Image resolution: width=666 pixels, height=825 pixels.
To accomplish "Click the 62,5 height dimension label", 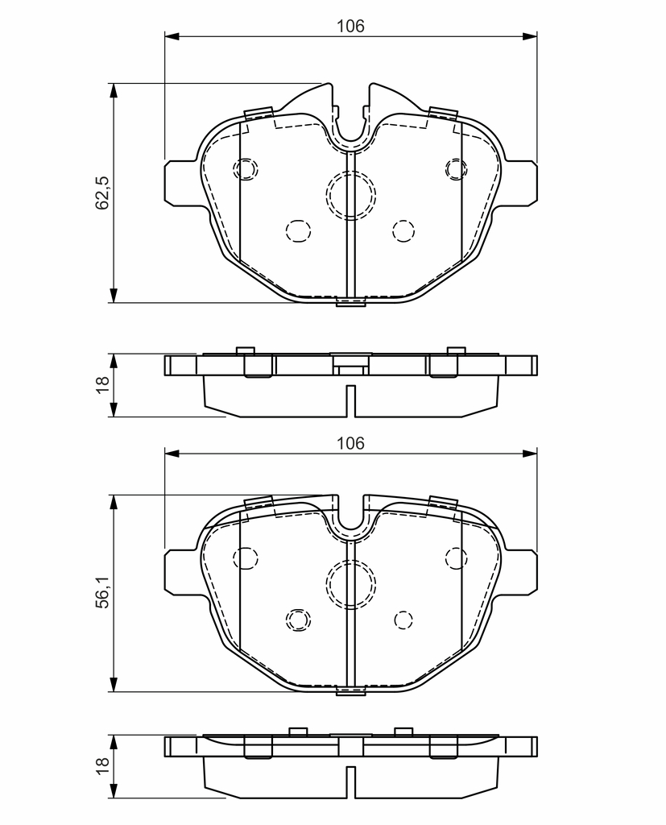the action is click(102, 193).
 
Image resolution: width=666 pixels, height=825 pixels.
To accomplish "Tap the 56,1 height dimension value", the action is click(102, 592).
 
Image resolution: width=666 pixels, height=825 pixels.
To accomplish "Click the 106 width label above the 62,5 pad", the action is click(350, 27).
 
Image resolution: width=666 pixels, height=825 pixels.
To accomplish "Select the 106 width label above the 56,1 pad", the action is click(350, 444).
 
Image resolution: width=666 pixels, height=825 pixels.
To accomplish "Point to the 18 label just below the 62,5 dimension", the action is click(102, 384).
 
